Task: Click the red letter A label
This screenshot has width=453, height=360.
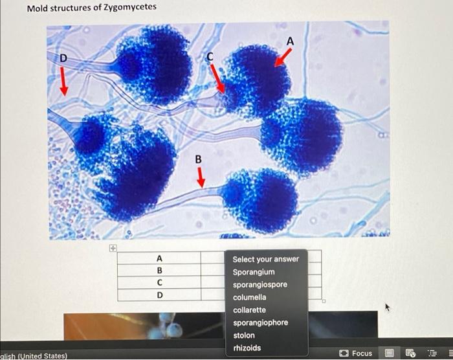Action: [x=290, y=41]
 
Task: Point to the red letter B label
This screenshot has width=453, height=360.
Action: [x=199, y=159]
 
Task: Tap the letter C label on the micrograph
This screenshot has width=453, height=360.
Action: [x=210, y=57]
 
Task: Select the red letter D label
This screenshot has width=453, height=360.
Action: [x=63, y=58]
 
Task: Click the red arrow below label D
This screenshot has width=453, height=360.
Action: [x=63, y=81]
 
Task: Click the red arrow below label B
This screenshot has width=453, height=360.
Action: [x=200, y=177]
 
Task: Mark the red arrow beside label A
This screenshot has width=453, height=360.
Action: [x=282, y=57]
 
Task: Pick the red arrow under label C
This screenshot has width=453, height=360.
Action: [x=217, y=77]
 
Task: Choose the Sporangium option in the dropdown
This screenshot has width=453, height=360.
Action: [x=254, y=272]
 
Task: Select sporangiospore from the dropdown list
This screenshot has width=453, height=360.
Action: [x=260, y=285]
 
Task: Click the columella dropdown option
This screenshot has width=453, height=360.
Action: [x=249, y=297]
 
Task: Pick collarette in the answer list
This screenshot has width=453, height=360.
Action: [x=249, y=310]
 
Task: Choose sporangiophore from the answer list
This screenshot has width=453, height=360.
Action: [x=261, y=322]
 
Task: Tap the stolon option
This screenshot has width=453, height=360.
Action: [x=244, y=335]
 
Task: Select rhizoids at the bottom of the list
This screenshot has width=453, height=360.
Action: [x=247, y=348]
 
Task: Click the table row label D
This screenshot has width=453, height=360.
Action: [x=159, y=295]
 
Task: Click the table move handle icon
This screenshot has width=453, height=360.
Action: [x=112, y=247]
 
